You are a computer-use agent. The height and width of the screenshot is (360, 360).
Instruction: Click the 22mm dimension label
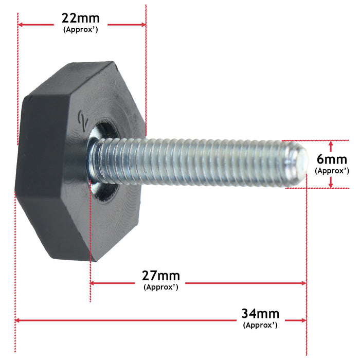(x=81, y=19)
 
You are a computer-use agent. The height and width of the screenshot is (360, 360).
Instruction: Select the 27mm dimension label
(x=161, y=276)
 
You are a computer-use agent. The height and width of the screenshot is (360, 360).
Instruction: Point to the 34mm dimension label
(x=260, y=314)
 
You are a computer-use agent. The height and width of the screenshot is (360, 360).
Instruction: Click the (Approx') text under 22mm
(x=81, y=30)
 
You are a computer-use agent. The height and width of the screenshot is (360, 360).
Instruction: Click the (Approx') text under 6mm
(x=332, y=170)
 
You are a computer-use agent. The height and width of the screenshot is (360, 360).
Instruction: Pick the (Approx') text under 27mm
(x=161, y=287)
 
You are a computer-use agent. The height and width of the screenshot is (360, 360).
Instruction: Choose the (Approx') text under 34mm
(x=260, y=325)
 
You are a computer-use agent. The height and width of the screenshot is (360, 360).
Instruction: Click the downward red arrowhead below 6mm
(x=331, y=183)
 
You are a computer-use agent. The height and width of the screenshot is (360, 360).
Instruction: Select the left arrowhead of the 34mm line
(x=19, y=320)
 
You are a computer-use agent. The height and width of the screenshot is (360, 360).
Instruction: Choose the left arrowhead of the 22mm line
(x=21, y=24)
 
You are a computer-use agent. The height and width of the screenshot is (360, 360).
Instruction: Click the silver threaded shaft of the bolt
(x=195, y=162)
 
